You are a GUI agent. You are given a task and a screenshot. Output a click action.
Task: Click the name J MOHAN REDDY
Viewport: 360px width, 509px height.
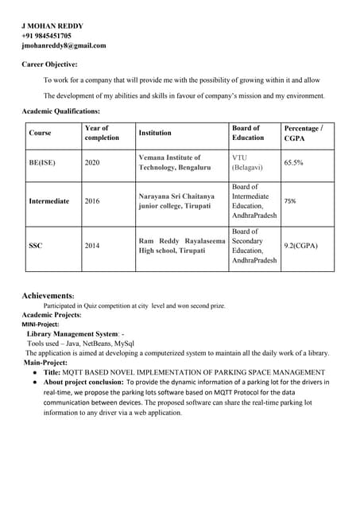(x=52, y=25)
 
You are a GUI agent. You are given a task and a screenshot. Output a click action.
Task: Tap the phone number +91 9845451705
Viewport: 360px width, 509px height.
(x=46, y=36)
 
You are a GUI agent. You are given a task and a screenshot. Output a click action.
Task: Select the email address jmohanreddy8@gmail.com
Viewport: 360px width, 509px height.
(x=64, y=45)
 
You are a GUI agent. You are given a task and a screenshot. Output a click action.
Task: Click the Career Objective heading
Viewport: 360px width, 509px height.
(x=49, y=64)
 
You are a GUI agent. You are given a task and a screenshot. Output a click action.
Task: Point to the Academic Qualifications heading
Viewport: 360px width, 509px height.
(x=60, y=111)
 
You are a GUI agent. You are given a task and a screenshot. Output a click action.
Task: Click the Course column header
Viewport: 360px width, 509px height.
(x=40, y=133)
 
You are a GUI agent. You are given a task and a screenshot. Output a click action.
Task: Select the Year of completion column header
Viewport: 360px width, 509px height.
(x=101, y=133)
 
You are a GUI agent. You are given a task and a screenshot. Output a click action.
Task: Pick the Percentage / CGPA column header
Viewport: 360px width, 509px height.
(x=303, y=133)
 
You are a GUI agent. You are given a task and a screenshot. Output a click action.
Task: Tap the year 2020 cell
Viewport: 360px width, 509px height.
(x=92, y=162)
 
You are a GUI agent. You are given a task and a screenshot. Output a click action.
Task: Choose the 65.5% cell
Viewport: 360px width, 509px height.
(x=293, y=162)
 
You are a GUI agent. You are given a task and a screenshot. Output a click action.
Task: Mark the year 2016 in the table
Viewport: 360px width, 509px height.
(x=92, y=201)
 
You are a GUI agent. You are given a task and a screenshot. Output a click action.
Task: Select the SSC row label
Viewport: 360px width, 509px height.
(x=36, y=246)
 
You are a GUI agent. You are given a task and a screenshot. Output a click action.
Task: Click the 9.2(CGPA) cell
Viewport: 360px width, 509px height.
(x=300, y=246)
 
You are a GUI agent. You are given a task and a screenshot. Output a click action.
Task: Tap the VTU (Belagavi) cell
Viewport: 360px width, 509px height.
(x=250, y=162)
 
